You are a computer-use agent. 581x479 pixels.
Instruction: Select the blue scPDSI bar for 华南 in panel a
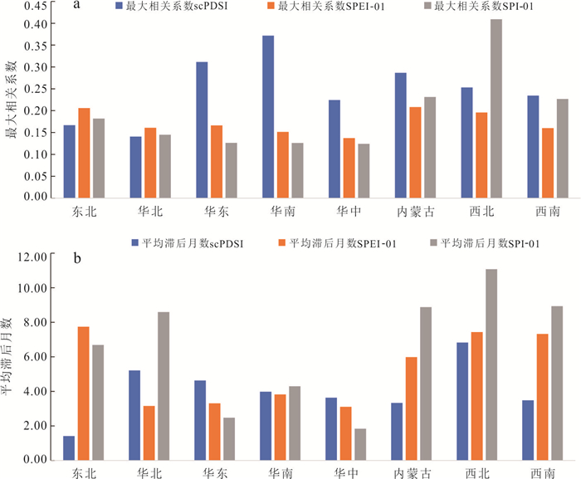tap(268, 117)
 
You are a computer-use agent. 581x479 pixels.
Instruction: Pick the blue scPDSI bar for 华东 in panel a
tap(202, 130)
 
